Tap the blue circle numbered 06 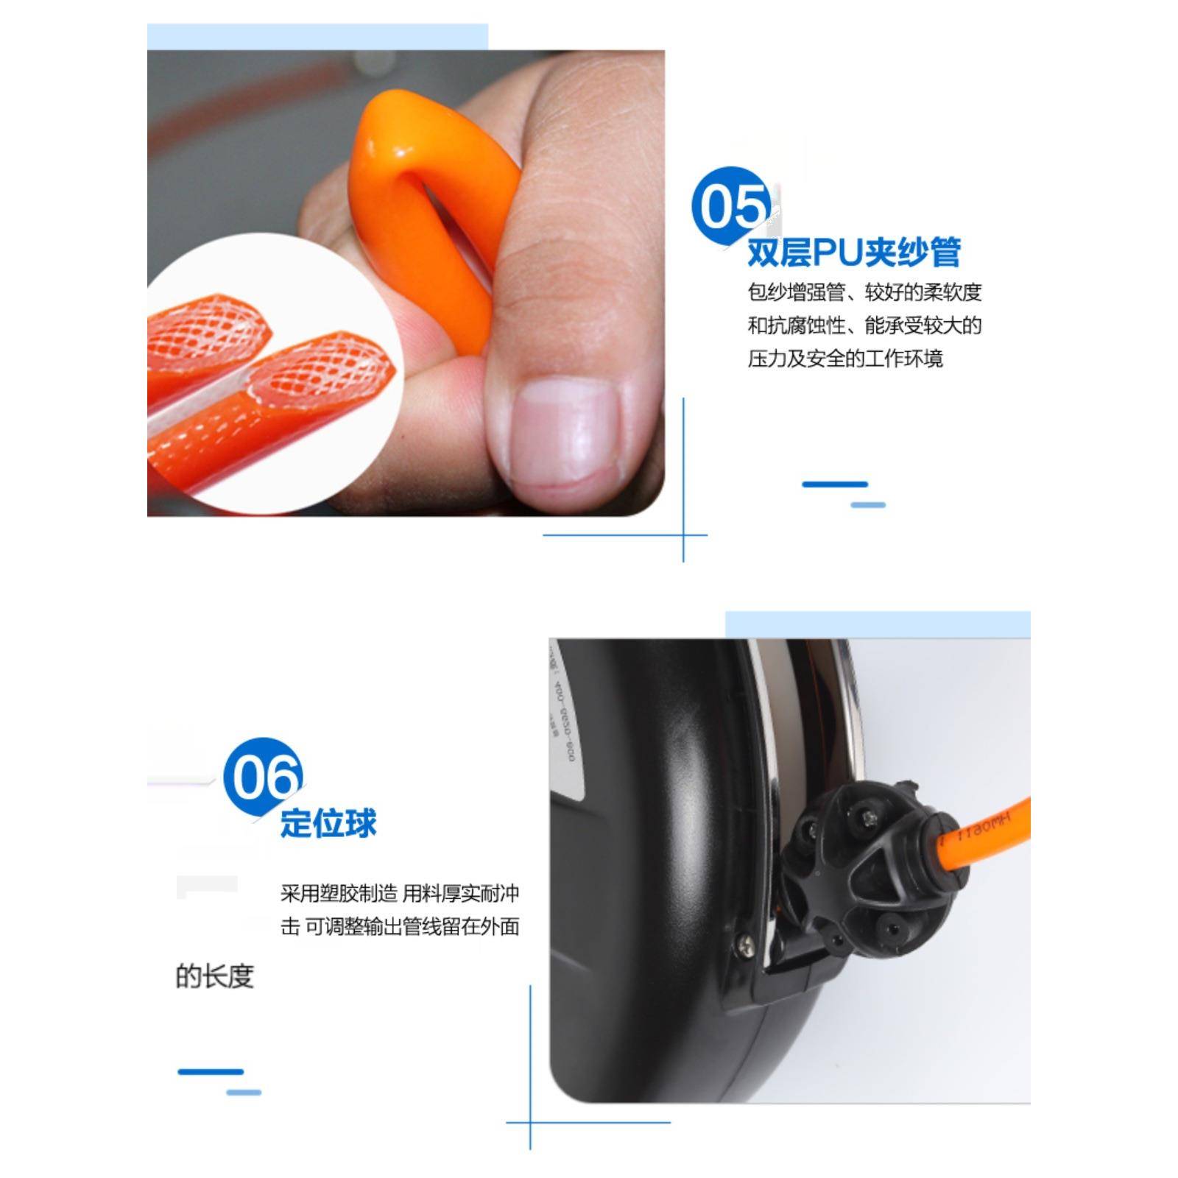[x=263, y=777]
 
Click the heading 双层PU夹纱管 [x=854, y=253]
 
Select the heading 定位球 [x=328, y=823]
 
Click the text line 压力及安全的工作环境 [x=845, y=359]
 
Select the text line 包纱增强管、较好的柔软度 [x=864, y=293]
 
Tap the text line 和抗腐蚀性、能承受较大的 [x=864, y=326]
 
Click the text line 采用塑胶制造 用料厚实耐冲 [x=400, y=894]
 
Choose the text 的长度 [x=215, y=977]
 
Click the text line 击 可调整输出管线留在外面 [x=400, y=927]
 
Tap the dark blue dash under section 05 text [x=835, y=484]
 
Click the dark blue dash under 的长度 [x=211, y=1072]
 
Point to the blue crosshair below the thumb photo [x=683, y=535]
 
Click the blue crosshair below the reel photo [x=530, y=1123]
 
